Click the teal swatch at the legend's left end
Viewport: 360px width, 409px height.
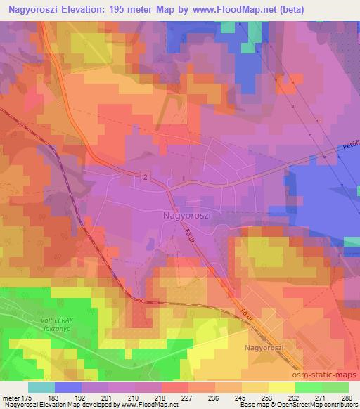click(41, 387)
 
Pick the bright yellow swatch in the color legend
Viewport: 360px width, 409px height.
click(281, 387)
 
